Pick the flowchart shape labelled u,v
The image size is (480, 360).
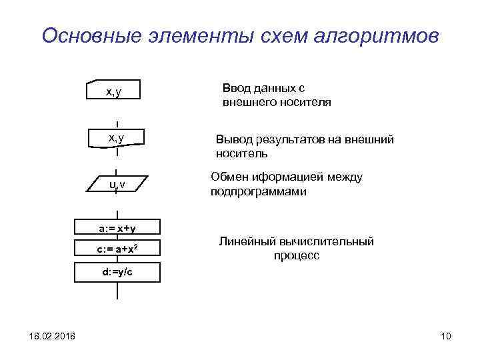[x=117, y=184]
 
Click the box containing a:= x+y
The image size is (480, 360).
[x=117, y=229]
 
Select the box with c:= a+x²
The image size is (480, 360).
[x=117, y=249]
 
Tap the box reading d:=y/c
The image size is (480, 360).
[x=117, y=272]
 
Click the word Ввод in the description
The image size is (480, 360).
[x=235, y=88]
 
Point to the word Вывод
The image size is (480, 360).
[x=232, y=140]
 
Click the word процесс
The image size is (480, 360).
[x=296, y=256]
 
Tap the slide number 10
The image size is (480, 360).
[x=445, y=335]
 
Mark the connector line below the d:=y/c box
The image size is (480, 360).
[x=117, y=291]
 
